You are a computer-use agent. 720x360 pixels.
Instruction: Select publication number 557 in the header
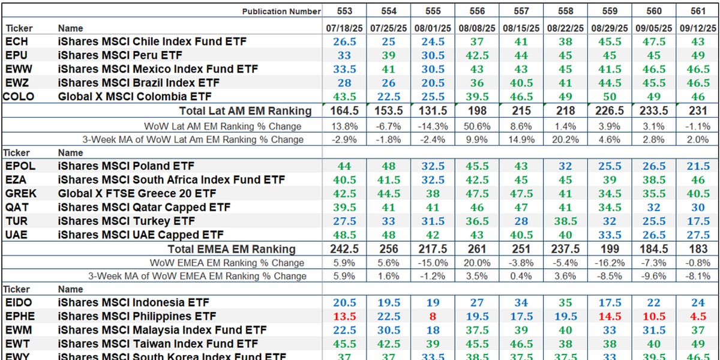pyautogui.click(x=521, y=11)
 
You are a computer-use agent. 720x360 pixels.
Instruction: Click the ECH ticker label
pyautogui.click(x=17, y=41)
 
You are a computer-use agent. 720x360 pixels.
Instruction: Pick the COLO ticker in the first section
pyautogui.click(x=19, y=96)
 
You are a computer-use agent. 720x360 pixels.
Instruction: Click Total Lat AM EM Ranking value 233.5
pyautogui.click(x=654, y=110)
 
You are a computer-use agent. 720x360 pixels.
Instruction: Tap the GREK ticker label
pyautogui.click(x=20, y=193)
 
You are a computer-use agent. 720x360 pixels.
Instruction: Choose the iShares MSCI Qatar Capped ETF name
pyautogui.click(x=140, y=207)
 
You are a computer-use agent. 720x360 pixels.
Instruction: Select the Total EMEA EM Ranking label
pyautogui.click(x=232, y=249)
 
